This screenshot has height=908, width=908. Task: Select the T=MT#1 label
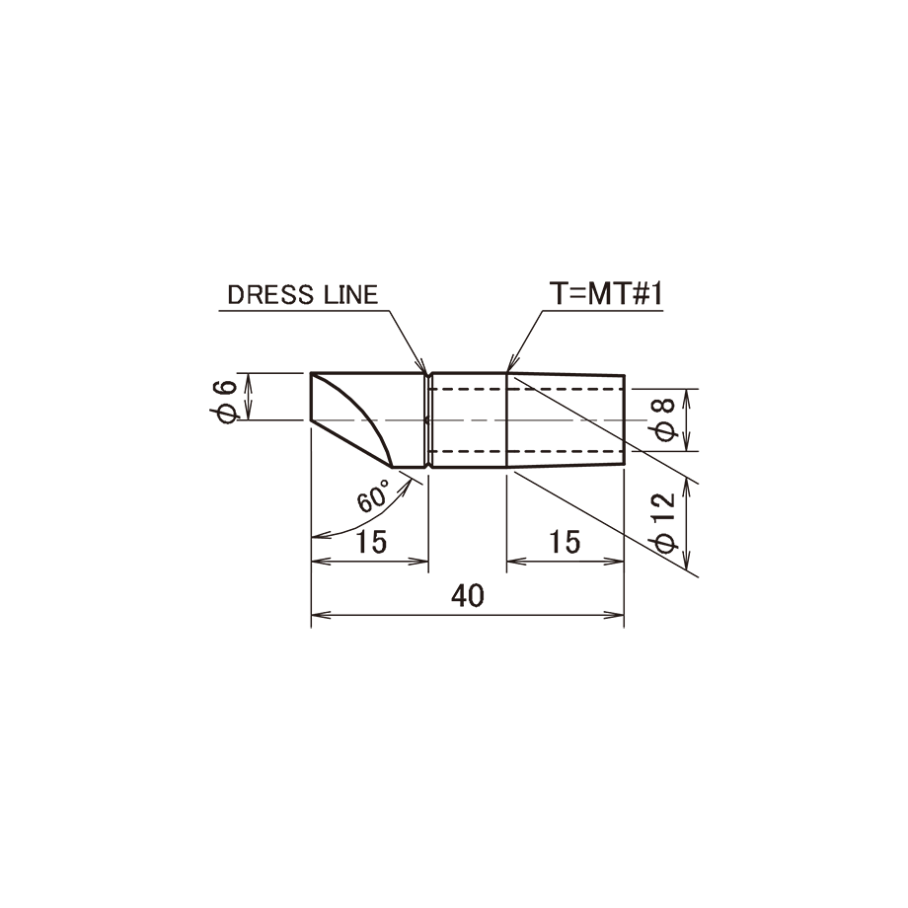606,293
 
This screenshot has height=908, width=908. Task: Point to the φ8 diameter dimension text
662,419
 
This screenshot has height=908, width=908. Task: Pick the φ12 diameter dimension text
663,523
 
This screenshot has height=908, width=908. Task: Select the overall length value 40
467,596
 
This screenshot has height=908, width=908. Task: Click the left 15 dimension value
371,542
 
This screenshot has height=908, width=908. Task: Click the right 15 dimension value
565,542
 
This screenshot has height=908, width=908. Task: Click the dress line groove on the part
428,419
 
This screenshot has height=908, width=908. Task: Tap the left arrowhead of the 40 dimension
320,615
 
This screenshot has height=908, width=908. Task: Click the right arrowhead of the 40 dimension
615,615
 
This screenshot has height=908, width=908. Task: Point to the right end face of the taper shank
624,419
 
